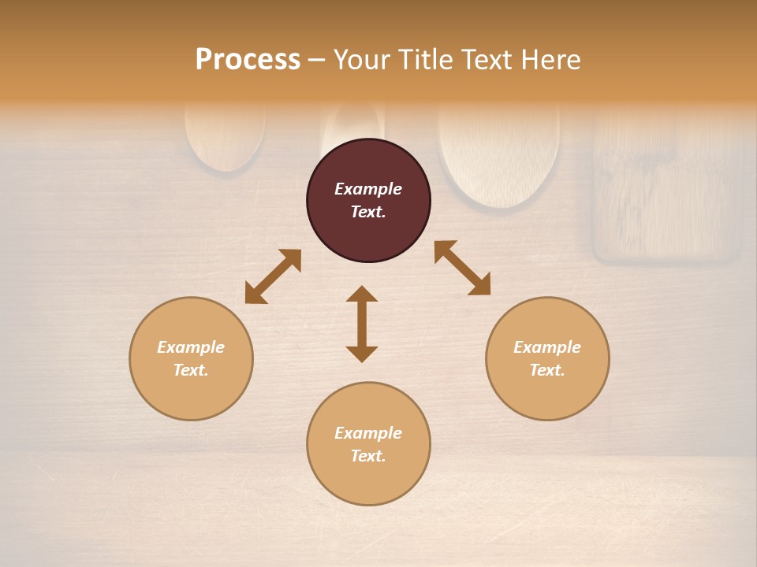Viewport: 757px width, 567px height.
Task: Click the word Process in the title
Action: tap(248, 60)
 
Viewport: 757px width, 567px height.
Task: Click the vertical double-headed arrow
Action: tap(362, 324)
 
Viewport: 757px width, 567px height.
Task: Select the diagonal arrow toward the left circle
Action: tap(273, 276)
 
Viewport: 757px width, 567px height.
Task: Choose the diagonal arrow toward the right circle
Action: tap(463, 268)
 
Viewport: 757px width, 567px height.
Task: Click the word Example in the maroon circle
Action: tap(368, 189)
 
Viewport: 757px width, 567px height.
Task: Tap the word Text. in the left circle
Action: tap(191, 370)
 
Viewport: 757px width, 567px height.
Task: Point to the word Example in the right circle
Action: tap(547, 347)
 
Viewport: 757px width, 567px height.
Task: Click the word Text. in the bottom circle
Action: tap(368, 456)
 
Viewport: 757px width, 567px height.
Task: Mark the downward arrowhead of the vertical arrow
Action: tap(362, 353)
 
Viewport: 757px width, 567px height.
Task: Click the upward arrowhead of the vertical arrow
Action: tap(362, 295)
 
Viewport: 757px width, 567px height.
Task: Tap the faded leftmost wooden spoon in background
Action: tap(226, 138)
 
